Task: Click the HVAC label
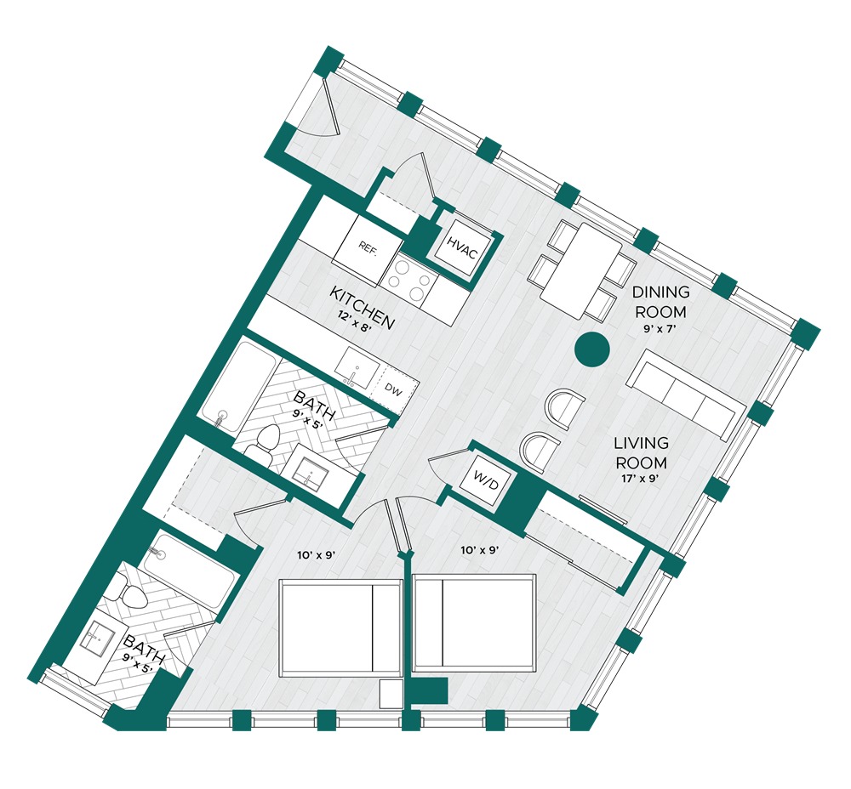coord(462,247)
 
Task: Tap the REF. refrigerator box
coord(368,248)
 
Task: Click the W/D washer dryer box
coord(485,480)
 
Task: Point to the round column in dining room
coord(592,349)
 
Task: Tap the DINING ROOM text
coord(660,302)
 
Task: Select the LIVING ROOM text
coord(641,453)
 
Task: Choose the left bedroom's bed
coord(341,628)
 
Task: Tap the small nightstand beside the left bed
coord(391,694)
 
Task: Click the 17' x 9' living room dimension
coord(641,480)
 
